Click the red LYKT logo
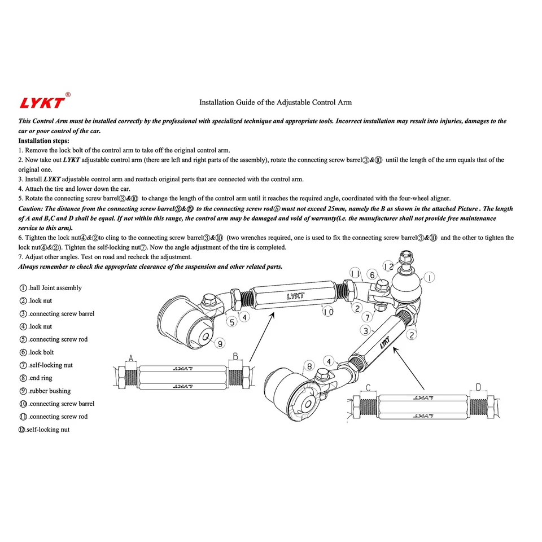click(42, 103)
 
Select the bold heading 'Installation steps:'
click(44, 141)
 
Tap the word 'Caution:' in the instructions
click(31, 208)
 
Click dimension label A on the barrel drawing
click(132, 358)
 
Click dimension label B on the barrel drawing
click(235, 357)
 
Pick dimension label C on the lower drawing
click(368, 387)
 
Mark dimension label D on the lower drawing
click(478, 387)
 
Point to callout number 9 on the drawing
click(220, 343)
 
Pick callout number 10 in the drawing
click(329, 312)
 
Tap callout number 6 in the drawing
click(371, 274)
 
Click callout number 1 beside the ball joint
click(430, 278)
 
